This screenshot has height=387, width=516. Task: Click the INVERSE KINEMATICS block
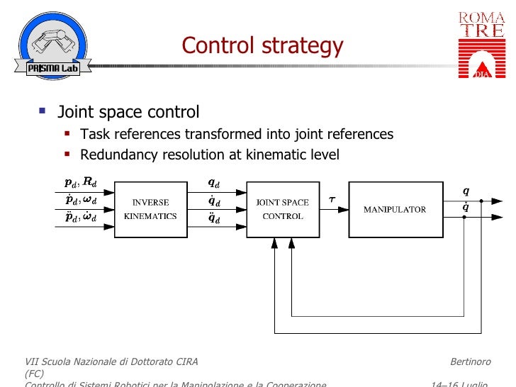point(150,209)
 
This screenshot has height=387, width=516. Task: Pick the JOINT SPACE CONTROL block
point(282,209)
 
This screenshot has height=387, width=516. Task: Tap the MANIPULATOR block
point(394,209)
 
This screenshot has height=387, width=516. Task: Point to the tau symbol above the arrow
point(332,200)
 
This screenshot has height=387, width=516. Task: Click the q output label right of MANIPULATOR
point(466,191)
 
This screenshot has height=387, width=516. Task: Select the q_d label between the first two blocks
point(213,182)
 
